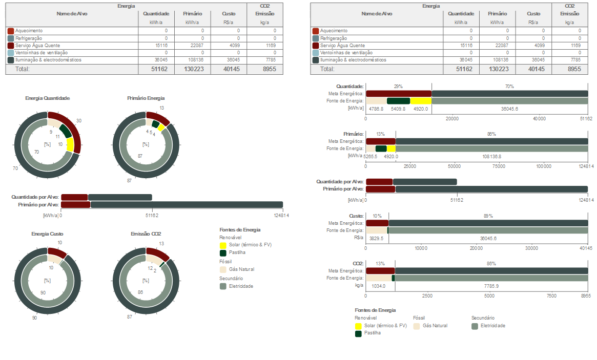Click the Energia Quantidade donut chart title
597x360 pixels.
point(48,98)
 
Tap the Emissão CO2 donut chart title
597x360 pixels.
point(146,234)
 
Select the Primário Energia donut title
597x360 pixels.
point(146,98)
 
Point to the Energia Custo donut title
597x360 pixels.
point(48,234)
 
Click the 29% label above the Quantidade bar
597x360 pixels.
point(398,86)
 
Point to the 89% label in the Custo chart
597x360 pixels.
point(488,216)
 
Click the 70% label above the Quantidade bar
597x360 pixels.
point(509,86)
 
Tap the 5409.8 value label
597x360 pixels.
point(398,109)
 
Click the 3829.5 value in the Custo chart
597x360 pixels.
point(376,239)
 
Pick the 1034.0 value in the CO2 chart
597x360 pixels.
point(379,286)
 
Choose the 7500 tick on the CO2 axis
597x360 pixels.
point(551,295)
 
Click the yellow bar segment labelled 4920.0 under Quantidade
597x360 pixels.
point(421,101)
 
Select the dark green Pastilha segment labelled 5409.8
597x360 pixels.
point(398,101)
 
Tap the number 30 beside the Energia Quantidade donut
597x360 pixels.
point(79,121)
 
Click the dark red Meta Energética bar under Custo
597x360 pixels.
point(377,223)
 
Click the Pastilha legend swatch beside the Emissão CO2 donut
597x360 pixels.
point(223,253)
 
